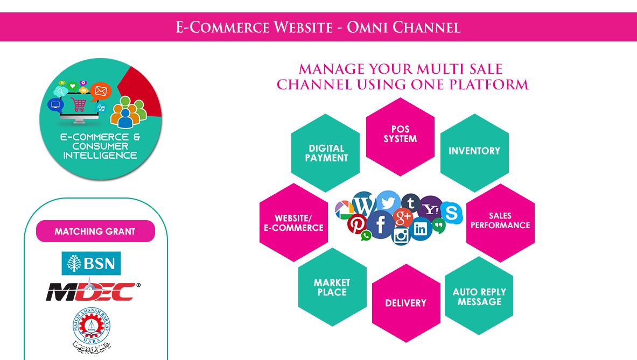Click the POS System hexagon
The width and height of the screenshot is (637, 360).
point(400,137)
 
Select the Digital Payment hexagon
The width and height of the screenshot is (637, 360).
point(325,153)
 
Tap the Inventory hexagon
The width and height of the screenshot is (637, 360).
point(474,153)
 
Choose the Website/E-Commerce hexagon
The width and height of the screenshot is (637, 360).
point(293,222)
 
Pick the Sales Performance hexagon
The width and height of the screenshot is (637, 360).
point(501,223)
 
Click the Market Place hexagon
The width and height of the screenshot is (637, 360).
point(332,287)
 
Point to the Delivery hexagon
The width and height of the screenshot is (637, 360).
point(406,303)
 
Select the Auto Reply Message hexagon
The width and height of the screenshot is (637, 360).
point(479,295)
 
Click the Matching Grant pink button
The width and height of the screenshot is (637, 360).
point(95,231)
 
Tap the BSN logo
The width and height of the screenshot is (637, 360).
point(91,263)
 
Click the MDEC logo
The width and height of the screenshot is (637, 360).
point(93,291)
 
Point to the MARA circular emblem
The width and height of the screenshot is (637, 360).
point(92,326)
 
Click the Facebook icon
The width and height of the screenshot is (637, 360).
point(380,224)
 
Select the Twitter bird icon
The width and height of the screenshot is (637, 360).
point(388,202)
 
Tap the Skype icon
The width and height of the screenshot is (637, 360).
point(451,212)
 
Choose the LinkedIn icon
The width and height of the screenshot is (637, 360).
point(421,229)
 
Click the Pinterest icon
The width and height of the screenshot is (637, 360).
point(357,224)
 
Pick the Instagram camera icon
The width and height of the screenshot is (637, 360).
point(401,235)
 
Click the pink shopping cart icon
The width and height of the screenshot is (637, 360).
point(78,104)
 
